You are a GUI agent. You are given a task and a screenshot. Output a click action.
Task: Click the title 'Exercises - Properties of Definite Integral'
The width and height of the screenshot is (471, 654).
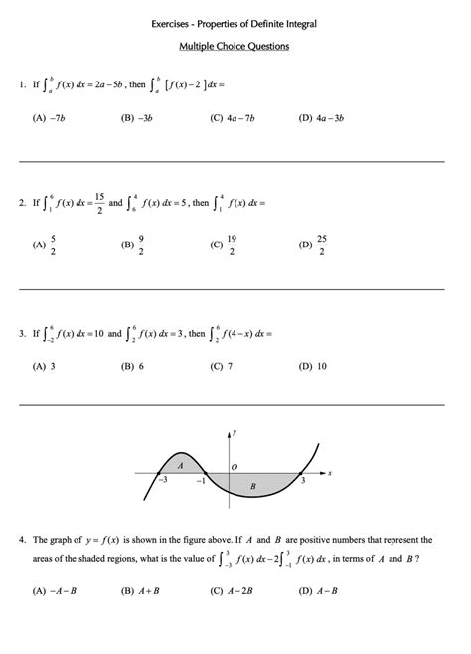point(235,22)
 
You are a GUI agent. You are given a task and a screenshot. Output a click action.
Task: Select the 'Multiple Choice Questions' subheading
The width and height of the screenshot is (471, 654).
point(235,46)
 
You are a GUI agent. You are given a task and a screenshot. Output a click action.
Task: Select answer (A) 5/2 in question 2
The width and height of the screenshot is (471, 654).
point(47,244)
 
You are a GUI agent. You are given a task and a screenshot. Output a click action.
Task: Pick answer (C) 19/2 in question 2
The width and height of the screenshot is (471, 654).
point(225,244)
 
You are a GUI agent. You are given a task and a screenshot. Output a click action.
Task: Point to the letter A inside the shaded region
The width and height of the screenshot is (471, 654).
point(180,464)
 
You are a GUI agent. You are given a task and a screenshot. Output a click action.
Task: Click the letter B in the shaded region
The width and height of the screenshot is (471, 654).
point(253,486)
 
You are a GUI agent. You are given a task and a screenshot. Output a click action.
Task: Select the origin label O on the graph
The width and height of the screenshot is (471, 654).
point(235,466)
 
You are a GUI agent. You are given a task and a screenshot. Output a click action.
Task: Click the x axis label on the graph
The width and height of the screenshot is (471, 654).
point(329,473)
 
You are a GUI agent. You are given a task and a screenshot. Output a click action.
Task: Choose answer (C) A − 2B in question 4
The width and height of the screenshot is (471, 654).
point(228,590)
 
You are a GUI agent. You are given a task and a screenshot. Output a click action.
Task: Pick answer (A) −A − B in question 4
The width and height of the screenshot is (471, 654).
point(54,590)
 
